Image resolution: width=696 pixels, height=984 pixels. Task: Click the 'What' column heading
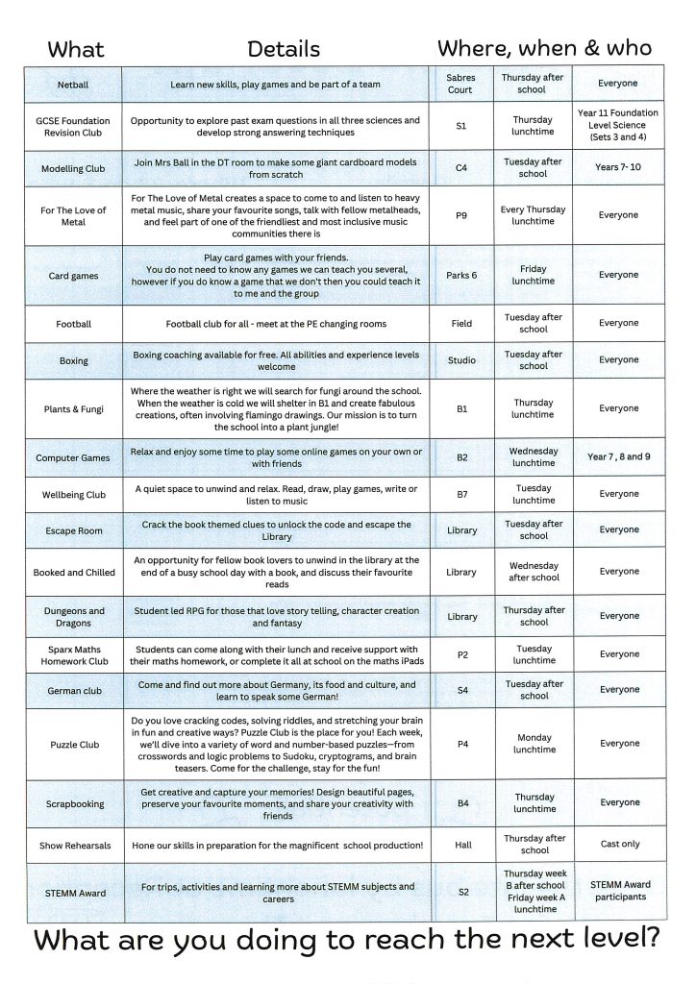click(76, 49)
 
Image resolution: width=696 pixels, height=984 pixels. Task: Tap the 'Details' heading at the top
click(284, 49)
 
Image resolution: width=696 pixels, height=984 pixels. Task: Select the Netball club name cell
click(73, 85)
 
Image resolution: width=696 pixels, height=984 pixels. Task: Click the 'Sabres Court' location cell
click(460, 84)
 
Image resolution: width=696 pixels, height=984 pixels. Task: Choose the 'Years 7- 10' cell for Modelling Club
click(618, 167)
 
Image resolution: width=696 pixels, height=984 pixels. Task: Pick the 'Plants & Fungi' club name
click(73, 409)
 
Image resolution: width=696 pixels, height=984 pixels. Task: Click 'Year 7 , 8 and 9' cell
click(618, 456)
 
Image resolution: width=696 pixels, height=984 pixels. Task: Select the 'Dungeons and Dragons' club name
click(73, 616)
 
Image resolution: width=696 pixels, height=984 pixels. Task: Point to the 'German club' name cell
click(73, 690)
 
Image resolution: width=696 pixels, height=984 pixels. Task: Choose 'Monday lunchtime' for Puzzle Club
click(534, 744)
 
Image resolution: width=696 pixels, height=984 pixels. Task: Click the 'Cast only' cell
click(618, 844)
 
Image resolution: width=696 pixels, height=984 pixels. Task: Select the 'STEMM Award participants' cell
click(618, 891)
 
